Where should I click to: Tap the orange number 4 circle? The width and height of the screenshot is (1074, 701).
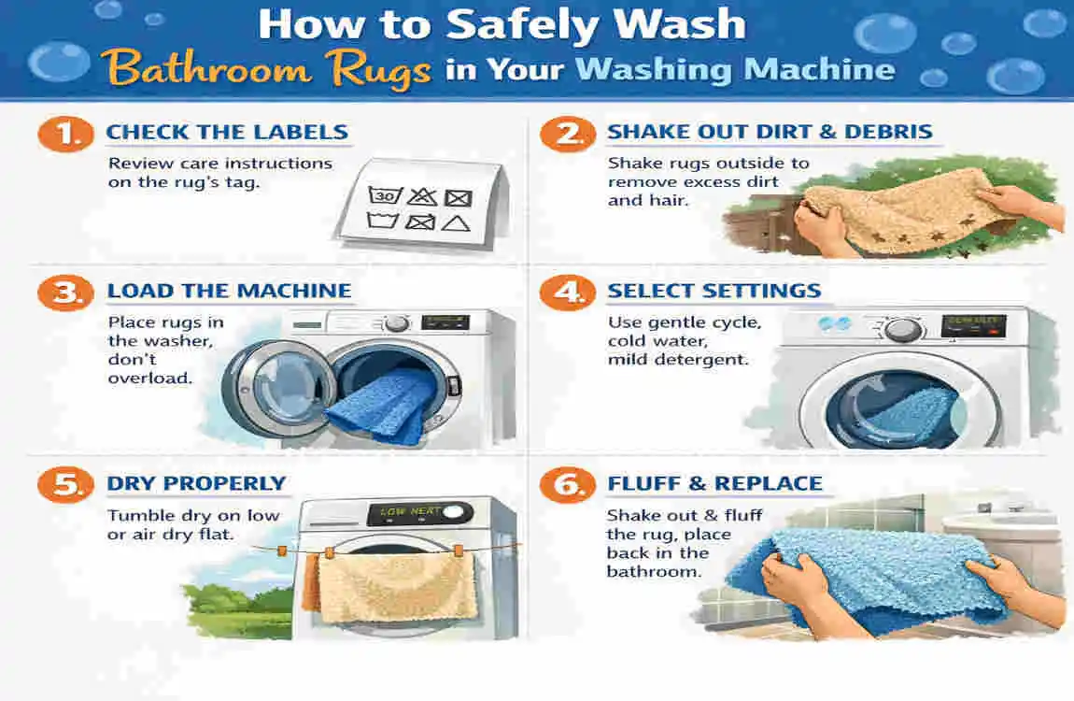[x=568, y=292]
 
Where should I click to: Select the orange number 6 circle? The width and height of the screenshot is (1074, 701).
[x=568, y=484]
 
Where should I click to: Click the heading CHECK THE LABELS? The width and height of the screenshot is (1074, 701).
[x=227, y=133]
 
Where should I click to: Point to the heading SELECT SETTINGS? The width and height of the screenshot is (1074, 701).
[x=714, y=292]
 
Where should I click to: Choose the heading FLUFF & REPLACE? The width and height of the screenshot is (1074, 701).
[x=714, y=484]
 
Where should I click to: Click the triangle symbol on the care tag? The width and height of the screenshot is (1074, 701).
[x=454, y=222]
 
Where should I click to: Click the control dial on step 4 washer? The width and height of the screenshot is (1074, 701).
[x=902, y=329]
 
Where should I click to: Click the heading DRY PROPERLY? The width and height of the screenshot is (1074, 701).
[x=196, y=484]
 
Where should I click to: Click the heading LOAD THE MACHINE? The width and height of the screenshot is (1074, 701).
[x=229, y=292]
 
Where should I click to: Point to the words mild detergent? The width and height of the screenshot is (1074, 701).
[x=678, y=359]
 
